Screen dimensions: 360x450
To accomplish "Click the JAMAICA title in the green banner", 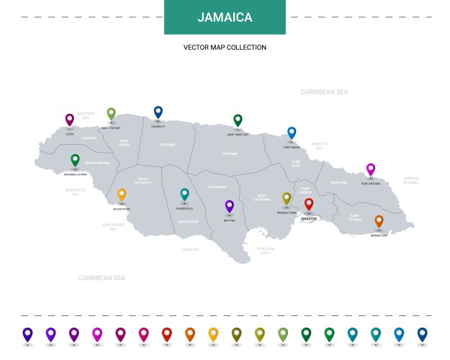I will click(225, 17).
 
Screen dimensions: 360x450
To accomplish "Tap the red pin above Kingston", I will click(309, 204).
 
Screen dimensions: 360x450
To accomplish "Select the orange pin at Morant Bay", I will click(379, 221).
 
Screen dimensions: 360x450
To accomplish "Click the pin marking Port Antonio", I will click(371, 169).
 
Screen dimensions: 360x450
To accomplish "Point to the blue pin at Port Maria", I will click(292, 132).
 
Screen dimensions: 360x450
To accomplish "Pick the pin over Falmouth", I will click(158, 112).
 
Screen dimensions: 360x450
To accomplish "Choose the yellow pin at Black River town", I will click(122, 194).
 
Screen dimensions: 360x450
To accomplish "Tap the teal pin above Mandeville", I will click(184, 194).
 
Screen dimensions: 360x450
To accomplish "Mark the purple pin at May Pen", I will click(230, 206).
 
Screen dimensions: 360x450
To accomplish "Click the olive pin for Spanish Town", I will click(287, 198).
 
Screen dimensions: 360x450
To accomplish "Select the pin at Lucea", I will click(70, 120).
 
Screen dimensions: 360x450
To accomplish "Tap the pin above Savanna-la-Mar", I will click(75, 160).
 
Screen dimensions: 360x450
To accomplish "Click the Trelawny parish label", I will click(167, 145).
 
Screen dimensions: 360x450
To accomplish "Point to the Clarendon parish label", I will click(217, 187).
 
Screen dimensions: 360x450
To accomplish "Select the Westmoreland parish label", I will click(97, 163).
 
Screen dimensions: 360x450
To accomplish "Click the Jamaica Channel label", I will click(411, 180).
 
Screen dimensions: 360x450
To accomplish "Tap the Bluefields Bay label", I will click(75, 192).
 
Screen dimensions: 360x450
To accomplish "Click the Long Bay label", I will click(190, 249).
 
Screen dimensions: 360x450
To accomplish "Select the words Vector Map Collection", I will click(225, 48).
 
